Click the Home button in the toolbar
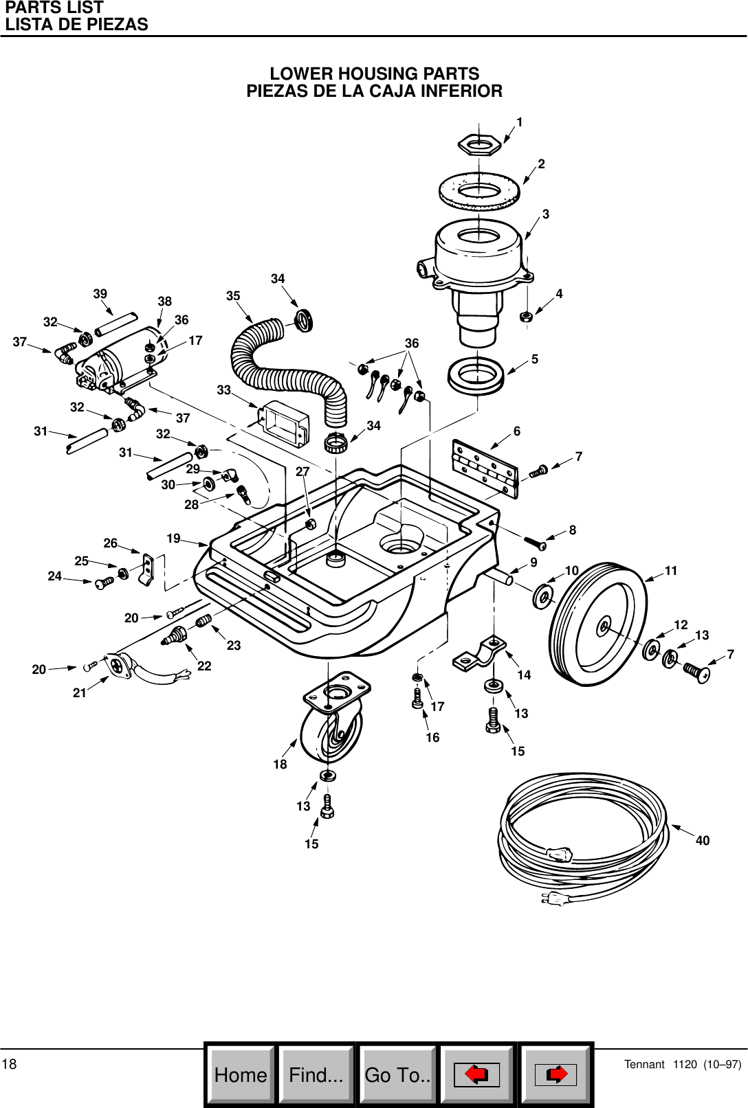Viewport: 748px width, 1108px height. (241, 1075)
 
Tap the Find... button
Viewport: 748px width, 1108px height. (316, 1075)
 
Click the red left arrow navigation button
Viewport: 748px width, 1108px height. (476, 1075)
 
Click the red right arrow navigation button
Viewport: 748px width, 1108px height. (555, 1075)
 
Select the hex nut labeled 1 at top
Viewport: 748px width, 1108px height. (478, 144)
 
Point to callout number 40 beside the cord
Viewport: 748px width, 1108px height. (702, 841)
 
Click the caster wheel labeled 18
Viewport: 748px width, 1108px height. (331, 732)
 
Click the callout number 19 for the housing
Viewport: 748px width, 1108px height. (173, 539)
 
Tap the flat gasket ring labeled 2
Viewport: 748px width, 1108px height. (479, 191)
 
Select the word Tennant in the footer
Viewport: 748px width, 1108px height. (644, 1065)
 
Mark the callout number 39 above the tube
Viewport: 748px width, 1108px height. (100, 294)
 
